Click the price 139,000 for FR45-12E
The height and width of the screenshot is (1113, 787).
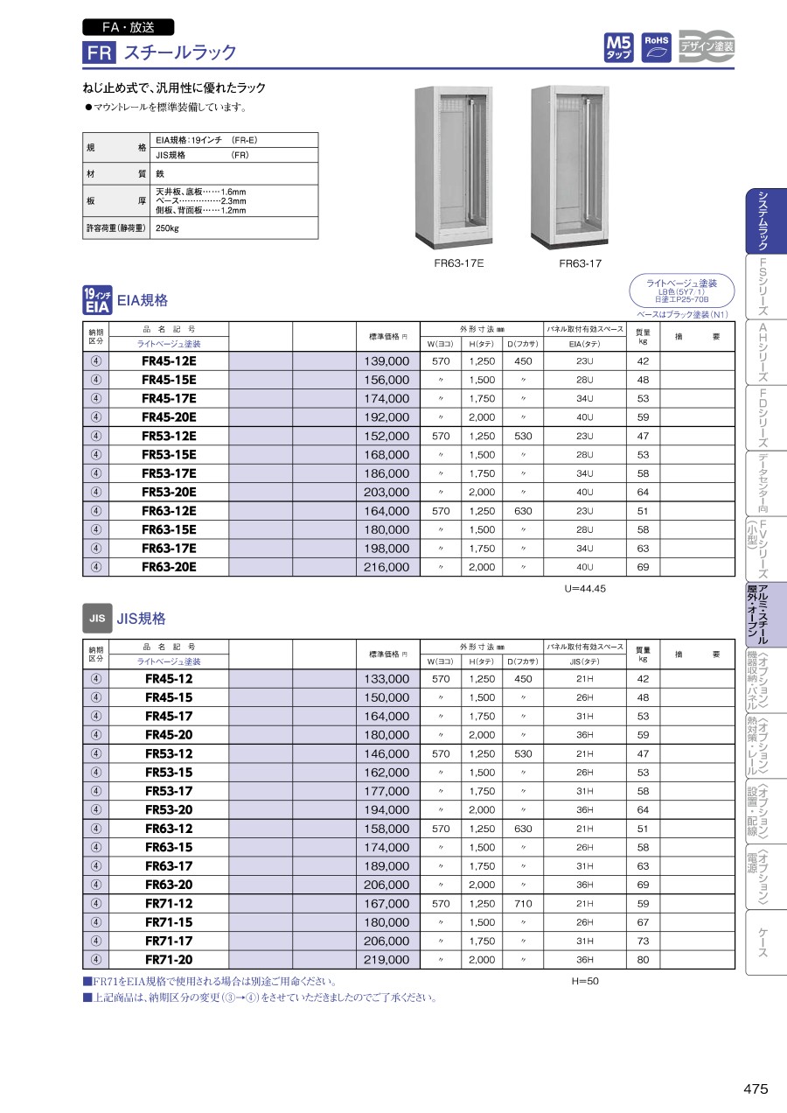point(387,361)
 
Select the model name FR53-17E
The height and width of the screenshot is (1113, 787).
point(169,473)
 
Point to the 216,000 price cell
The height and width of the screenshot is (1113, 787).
point(387,567)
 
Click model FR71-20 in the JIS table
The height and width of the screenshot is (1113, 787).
point(169,959)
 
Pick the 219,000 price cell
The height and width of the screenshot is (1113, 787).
point(387,959)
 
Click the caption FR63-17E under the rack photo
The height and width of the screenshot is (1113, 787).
point(458,263)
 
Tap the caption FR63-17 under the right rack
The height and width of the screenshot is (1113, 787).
point(581,263)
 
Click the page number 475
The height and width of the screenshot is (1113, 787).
point(756,1089)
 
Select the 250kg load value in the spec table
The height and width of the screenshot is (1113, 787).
point(167,228)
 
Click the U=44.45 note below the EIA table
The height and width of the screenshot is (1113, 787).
point(585,589)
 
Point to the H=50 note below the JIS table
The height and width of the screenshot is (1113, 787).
point(585,981)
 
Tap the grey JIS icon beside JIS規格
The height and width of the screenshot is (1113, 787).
point(96,618)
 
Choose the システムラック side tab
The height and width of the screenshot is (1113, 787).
point(763,221)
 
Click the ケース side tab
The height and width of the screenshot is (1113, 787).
point(763,942)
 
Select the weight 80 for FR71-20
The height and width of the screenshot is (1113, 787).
point(643,959)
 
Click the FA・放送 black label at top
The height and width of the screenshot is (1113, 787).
point(128,27)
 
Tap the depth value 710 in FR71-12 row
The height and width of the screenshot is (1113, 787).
point(523,904)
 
